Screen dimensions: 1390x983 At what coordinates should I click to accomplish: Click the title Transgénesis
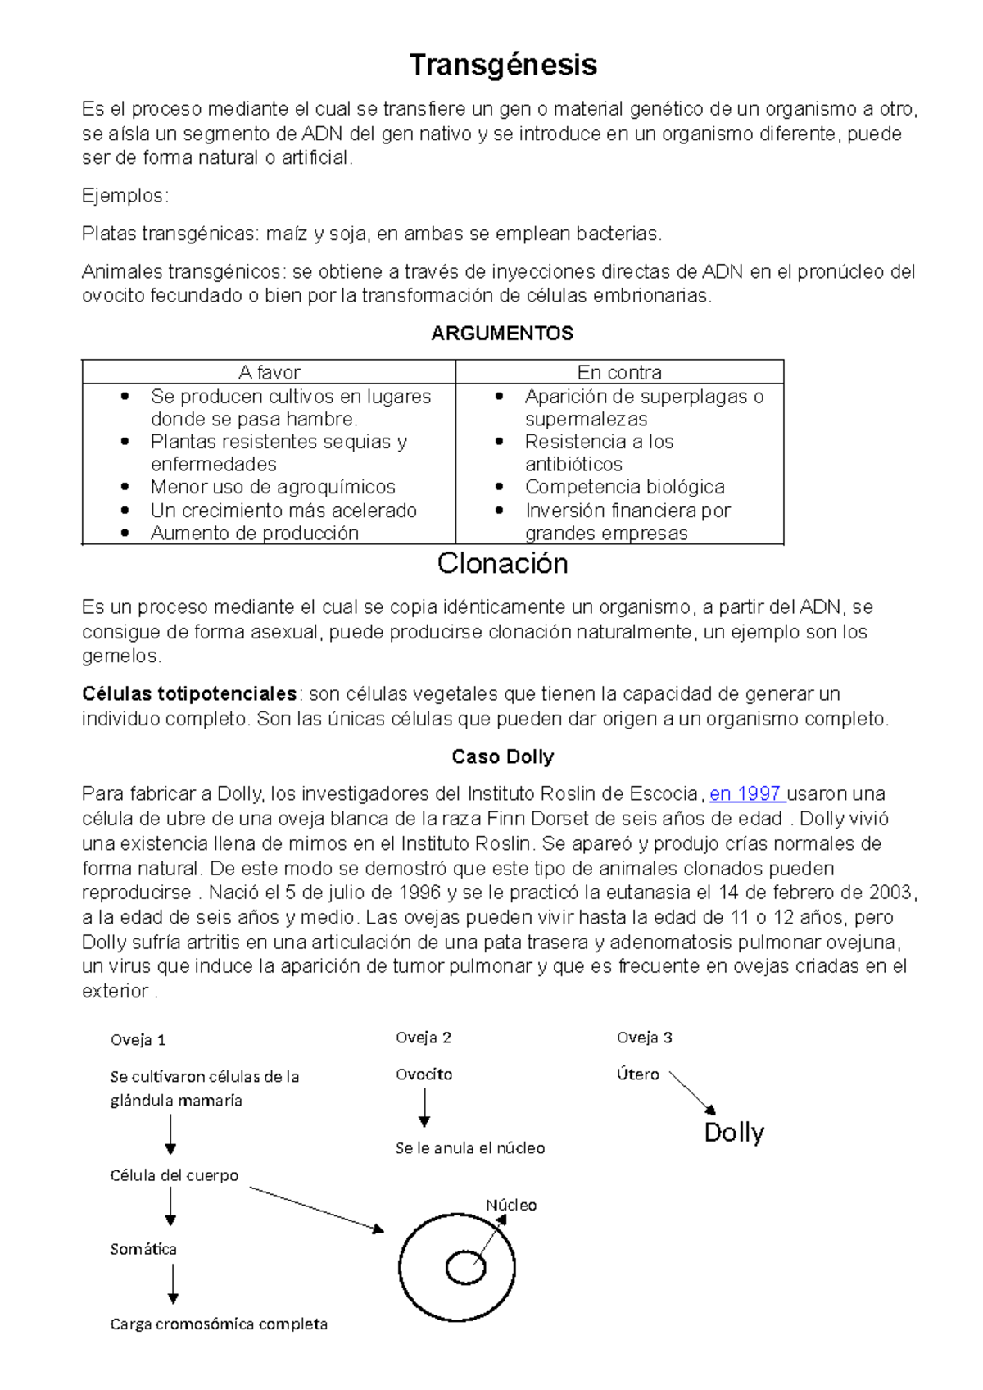point(503,65)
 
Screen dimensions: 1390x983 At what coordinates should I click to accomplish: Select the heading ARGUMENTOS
point(502,334)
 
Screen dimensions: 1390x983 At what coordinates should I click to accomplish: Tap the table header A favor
point(269,373)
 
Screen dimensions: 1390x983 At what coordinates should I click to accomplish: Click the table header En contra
point(619,373)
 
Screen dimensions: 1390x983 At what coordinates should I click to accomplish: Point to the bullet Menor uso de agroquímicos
point(273,487)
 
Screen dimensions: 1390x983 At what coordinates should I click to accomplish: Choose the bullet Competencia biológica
point(624,487)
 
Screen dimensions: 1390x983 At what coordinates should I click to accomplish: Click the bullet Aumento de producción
point(255,534)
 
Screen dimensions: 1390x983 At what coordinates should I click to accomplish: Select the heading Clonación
point(502,564)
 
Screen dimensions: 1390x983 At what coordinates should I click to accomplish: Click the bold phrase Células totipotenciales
point(189,694)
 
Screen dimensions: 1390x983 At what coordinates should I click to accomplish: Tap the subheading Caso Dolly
point(502,757)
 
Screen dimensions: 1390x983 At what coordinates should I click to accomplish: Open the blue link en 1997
point(745,794)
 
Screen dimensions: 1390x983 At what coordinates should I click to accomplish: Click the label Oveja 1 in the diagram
point(138,1040)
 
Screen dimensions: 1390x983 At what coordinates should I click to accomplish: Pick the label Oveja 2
point(424,1038)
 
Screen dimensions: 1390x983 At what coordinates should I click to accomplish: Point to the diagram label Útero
point(637,1074)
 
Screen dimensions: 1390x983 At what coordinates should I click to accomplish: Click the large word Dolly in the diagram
point(734,1133)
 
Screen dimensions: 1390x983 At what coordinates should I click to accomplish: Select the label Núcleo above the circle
point(511,1206)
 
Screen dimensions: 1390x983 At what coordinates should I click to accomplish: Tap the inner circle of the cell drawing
point(465,1268)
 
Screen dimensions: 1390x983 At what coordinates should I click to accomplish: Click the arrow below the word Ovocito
point(424,1109)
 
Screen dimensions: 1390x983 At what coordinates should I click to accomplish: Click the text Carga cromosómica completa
point(219,1324)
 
